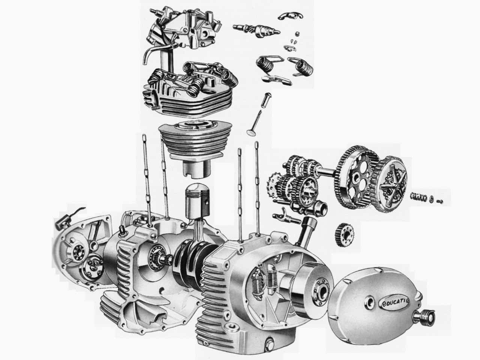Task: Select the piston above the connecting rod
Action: (197, 199)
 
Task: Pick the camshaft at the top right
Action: (256, 30)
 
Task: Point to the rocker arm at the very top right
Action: (290, 16)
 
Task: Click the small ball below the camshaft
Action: (297, 34)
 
